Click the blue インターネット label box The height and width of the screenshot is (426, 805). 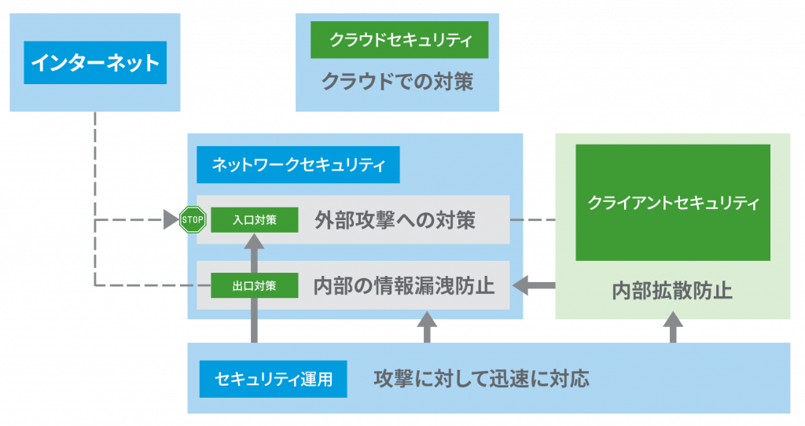(x=95, y=63)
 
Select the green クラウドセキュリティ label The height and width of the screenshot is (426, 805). (x=399, y=39)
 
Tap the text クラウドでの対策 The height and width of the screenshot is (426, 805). (x=397, y=82)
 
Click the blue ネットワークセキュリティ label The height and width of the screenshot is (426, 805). (x=298, y=165)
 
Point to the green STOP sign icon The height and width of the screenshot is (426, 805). (x=193, y=219)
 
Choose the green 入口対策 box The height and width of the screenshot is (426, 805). (x=255, y=219)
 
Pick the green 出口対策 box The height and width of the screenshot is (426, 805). (x=255, y=285)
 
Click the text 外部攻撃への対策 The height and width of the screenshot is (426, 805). (x=395, y=220)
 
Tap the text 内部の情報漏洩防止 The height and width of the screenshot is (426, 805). (x=404, y=286)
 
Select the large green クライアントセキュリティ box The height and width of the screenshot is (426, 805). (x=673, y=203)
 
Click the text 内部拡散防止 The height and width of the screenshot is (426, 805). (x=672, y=291)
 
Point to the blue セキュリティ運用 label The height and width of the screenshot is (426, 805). (x=273, y=379)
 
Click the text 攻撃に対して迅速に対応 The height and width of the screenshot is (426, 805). (x=482, y=379)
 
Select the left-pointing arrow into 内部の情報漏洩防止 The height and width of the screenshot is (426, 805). (x=534, y=285)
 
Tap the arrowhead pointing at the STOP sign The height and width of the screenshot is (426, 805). (x=171, y=219)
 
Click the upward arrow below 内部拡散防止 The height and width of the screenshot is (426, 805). (x=673, y=327)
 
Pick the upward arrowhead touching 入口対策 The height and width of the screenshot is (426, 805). (x=254, y=241)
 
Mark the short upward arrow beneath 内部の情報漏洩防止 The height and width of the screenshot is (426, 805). (x=427, y=327)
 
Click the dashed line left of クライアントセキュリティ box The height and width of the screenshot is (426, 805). (x=533, y=219)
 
